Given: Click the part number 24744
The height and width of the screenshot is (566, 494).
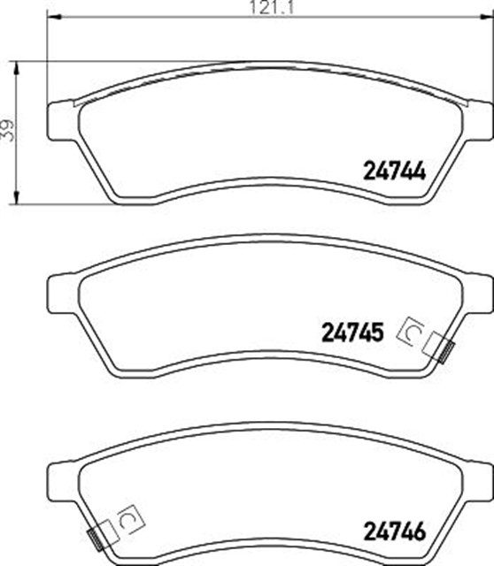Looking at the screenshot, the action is [x=394, y=171].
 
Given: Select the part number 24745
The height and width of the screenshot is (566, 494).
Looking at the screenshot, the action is [x=352, y=333].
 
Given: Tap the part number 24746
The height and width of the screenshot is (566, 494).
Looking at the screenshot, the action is [x=395, y=532].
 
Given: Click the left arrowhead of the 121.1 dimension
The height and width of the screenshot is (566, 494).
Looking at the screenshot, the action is [x=53, y=17].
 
